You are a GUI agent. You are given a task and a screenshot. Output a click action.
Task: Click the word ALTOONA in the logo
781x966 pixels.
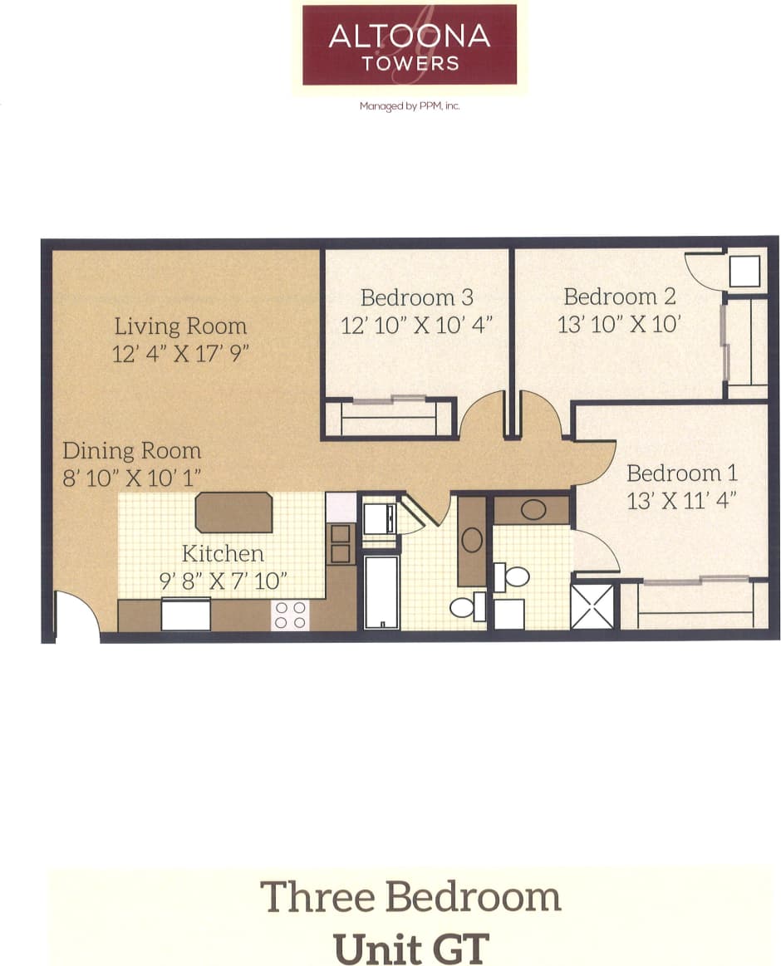(x=409, y=37)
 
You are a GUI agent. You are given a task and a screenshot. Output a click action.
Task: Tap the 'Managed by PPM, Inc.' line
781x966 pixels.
(x=409, y=106)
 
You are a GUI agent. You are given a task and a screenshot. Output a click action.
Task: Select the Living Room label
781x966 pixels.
(x=180, y=326)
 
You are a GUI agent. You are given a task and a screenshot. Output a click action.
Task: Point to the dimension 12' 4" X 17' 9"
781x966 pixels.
(x=181, y=354)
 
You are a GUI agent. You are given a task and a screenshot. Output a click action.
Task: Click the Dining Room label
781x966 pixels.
(x=131, y=451)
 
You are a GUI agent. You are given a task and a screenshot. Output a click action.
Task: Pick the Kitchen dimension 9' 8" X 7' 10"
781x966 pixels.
(x=223, y=581)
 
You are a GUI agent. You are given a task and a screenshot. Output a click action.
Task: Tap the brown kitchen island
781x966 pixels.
(x=234, y=512)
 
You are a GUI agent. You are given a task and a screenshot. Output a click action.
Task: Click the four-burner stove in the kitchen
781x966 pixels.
(x=290, y=615)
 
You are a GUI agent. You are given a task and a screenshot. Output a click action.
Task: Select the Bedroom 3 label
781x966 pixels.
(x=417, y=297)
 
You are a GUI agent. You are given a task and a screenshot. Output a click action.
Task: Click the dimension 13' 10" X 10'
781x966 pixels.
(x=620, y=323)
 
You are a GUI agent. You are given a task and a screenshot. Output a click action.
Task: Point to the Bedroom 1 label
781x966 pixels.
(x=682, y=473)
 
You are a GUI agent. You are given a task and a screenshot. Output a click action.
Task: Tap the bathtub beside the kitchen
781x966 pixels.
(x=381, y=592)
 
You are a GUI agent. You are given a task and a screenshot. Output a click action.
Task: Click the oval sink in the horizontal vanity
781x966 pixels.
(x=533, y=510)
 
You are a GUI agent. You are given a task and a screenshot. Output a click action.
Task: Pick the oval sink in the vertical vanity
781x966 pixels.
(x=472, y=541)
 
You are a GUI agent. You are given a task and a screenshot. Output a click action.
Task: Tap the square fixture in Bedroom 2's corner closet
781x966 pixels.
(x=744, y=272)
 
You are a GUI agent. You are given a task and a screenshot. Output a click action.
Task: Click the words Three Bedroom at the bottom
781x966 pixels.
(x=410, y=898)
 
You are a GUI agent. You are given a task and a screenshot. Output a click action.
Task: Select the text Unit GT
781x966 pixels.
(x=410, y=948)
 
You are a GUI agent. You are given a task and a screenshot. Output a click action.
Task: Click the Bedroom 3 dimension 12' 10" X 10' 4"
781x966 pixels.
(x=417, y=324)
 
